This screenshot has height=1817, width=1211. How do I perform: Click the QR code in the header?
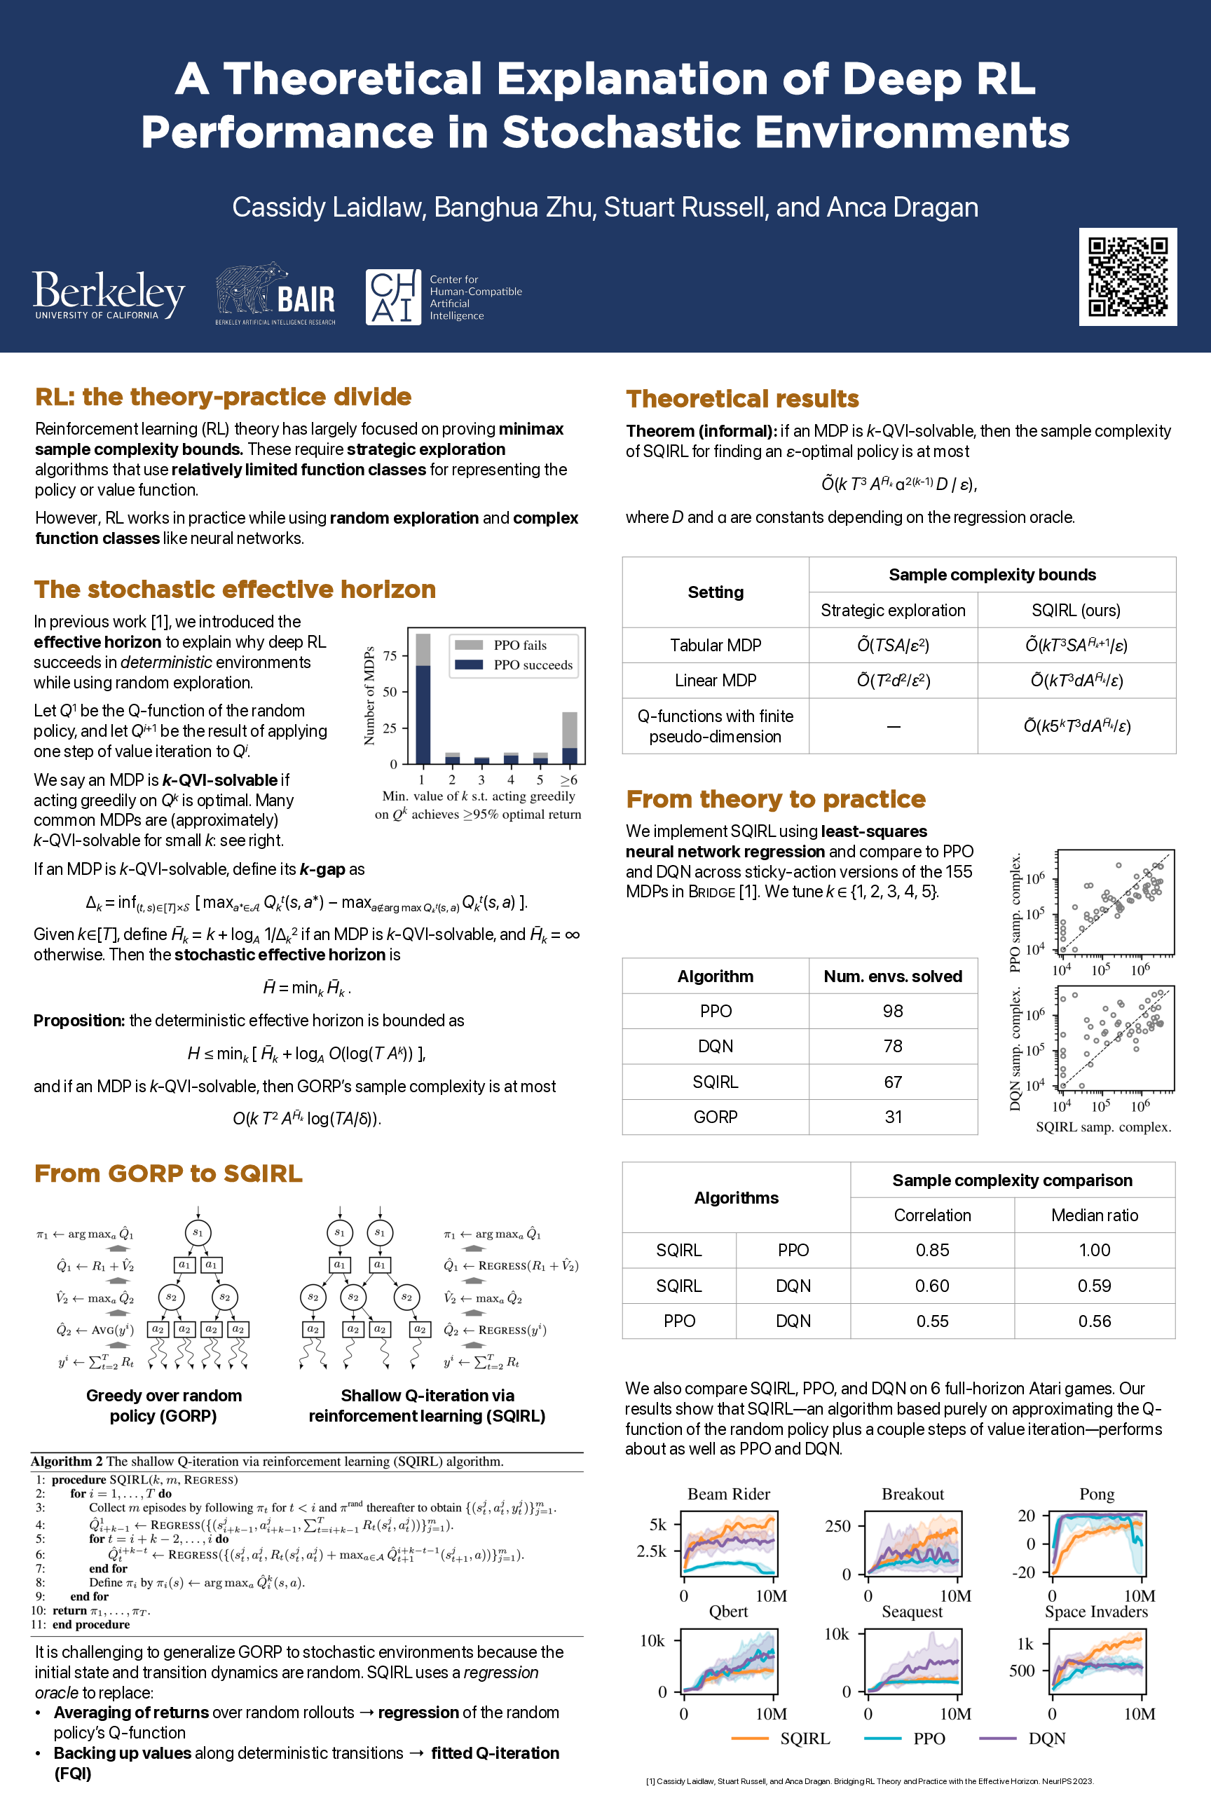(x=1127, y=277)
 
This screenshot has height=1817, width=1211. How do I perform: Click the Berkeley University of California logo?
(x=108, y=294)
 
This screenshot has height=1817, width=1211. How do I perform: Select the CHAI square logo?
(x=393, y=297)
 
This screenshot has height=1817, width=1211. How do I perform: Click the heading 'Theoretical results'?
(x=742, y=399)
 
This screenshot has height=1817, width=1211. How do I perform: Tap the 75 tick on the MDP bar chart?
(x=390, y=656)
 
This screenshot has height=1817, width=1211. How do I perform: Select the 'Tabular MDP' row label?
(x=715, y=645)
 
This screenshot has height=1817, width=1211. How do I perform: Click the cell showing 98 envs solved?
(x=893, y=1012)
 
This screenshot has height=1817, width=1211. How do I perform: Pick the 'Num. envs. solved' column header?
(x=893, y=976)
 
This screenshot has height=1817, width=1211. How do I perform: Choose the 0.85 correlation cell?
(x=932, y=1250)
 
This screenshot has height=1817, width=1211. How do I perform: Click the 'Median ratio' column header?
(x=1095, y=1216)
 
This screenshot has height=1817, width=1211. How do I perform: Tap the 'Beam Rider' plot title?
(x=728, y=1494)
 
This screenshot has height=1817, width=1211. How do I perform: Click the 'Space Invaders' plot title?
(x=1096, y=1612)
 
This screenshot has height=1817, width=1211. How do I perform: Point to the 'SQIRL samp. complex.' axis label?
(x=1103, y=1127)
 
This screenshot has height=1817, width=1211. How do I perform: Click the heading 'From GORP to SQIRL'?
(x=168, y=1173)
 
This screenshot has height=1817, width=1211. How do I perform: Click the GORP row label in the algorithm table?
(x=715, y=1117)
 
